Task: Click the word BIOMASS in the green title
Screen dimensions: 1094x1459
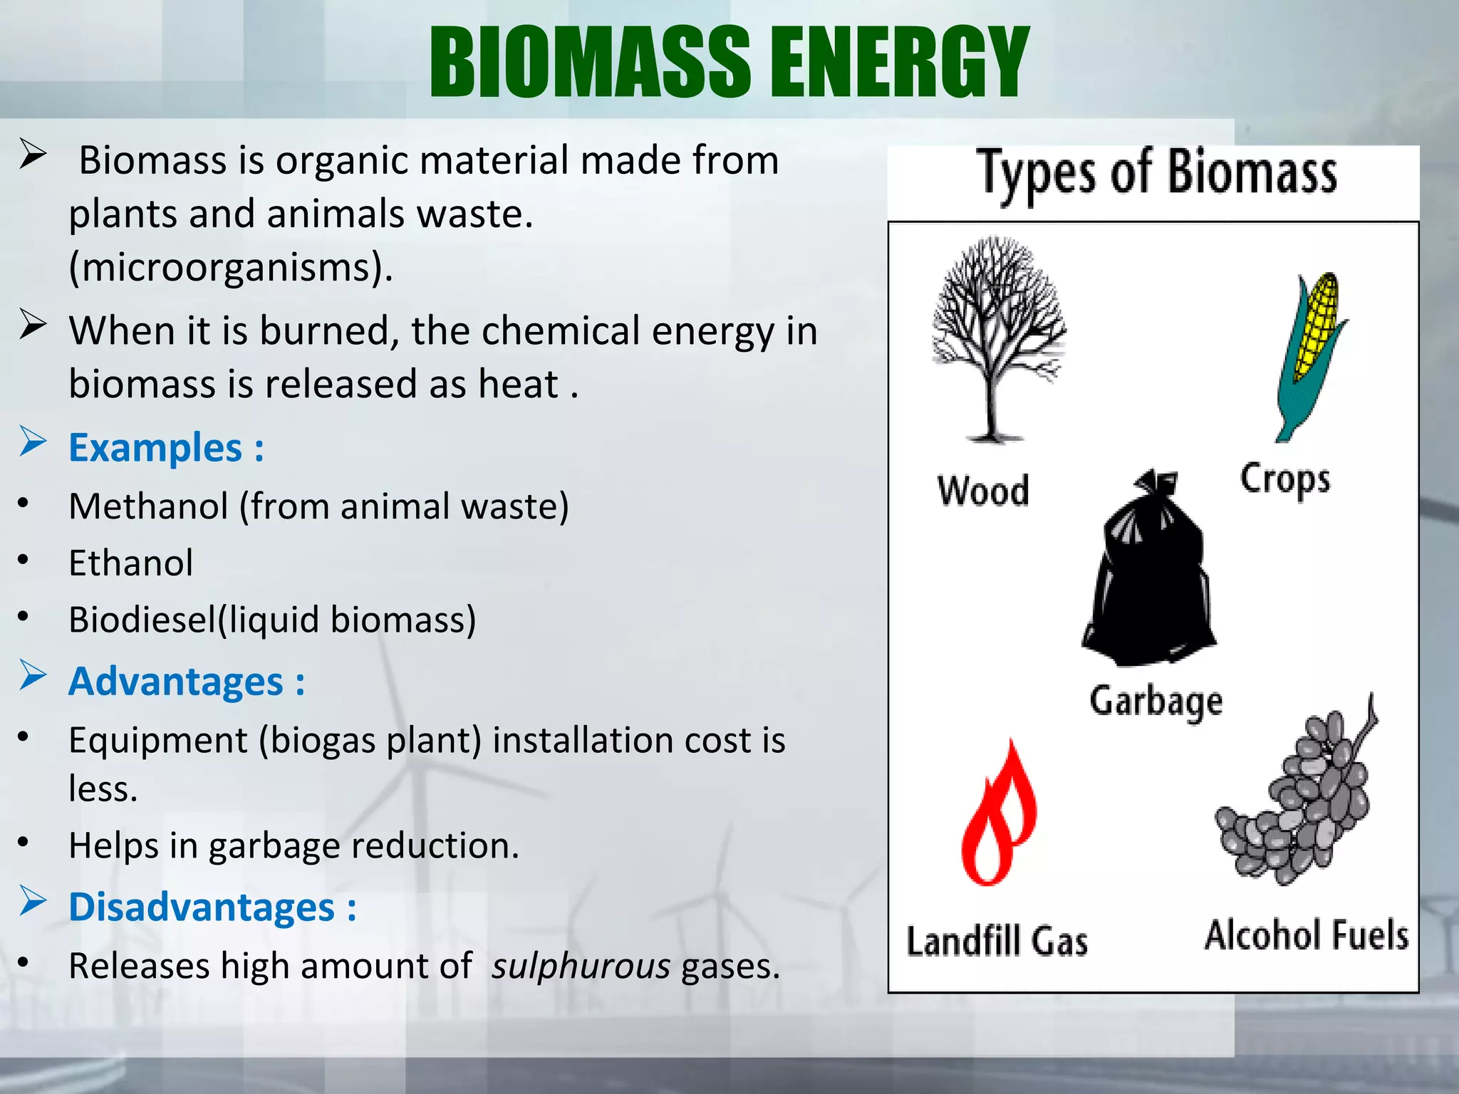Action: tap(590, 63)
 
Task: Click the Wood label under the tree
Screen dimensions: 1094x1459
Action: tap(983, 491)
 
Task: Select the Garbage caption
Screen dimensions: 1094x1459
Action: tap(1156, 702)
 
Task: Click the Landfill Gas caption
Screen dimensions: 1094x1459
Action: tap(997, 942)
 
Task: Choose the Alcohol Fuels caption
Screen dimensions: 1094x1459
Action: tap(1307, 936)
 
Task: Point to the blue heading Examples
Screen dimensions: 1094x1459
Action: tap(165, 449)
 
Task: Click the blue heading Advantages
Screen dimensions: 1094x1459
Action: tap(186, 682)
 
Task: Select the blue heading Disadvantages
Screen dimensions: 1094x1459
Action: tap(212, 908)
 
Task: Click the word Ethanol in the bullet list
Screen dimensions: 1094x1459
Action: tap(130, 563)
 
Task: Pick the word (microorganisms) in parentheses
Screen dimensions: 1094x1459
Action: tap(230, 268)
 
